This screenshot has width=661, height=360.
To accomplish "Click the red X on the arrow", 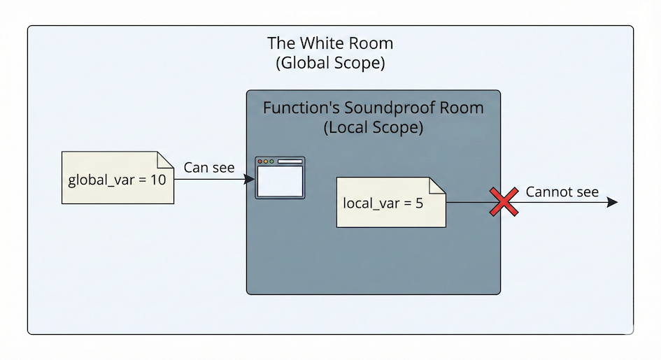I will tap(503, 202).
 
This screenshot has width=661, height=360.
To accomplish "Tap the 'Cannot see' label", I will tap(562, 192).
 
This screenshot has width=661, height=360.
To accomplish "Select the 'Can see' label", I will tap(209, 168).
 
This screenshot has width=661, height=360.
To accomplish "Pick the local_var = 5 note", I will tap(391, 203).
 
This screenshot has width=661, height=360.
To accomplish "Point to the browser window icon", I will tap(280, 178).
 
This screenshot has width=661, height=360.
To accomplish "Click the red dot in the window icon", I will tap(260, 161).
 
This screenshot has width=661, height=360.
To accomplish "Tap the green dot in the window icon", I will tap(271, 161).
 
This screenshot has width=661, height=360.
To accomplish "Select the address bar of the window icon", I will tap(290, 161).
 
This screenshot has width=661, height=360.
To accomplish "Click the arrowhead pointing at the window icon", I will tap(250, 180).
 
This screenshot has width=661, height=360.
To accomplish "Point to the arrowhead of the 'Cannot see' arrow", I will tap(613, 202).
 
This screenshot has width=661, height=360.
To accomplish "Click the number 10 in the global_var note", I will tap(157, 180).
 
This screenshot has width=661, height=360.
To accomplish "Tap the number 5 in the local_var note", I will tap(420, 204).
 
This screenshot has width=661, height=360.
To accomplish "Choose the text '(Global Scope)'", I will tap(330, 63).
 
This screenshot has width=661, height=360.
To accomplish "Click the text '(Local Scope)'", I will tap(373, 129).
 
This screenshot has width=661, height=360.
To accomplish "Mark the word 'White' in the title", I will tap(318, 43).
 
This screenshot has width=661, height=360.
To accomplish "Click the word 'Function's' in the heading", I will tap(294, 109).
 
